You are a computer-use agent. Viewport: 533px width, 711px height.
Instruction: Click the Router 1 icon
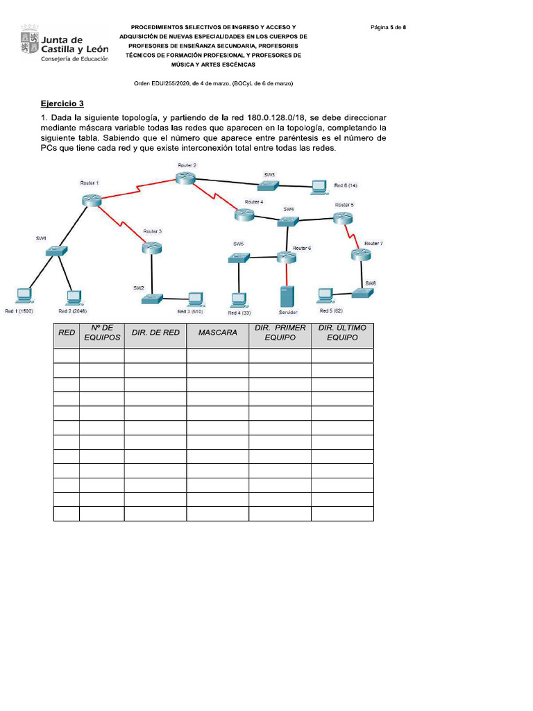91,199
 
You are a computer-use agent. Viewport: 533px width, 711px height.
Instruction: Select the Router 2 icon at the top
185,178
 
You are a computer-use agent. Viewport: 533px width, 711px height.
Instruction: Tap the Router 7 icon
360,255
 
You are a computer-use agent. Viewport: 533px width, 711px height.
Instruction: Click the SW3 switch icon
268,185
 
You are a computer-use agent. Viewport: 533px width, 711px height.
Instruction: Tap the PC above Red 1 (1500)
24,296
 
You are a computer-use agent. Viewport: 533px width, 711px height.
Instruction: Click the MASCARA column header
217,333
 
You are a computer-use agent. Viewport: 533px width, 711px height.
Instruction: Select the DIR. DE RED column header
155,333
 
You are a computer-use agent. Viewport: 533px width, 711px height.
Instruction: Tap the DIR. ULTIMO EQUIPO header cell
342,333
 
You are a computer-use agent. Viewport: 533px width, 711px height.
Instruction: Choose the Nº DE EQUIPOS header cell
102,333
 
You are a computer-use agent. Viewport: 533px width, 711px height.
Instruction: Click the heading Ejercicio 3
62,103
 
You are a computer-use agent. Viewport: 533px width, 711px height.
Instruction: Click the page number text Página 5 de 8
388,27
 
